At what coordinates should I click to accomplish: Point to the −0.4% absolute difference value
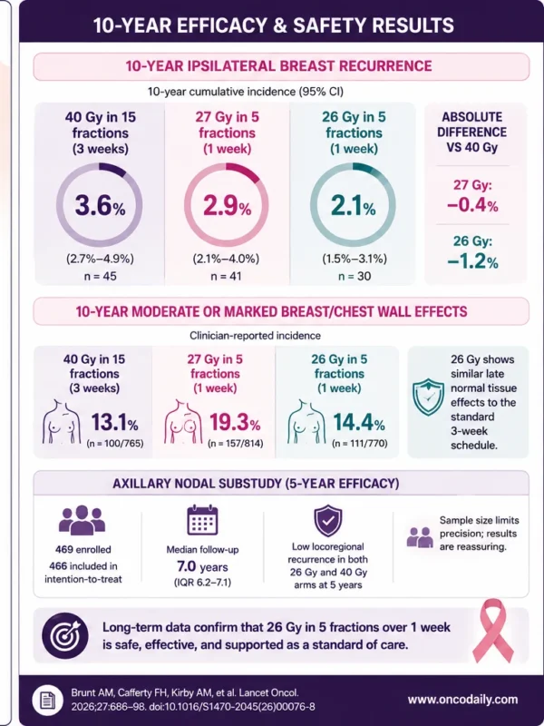(472, 205)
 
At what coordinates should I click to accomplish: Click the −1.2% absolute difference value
(472, 261)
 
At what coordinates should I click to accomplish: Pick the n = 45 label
(101, 277)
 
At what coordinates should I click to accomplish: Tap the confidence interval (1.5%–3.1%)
(355, 259)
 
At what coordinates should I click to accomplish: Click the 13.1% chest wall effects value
(114, 422)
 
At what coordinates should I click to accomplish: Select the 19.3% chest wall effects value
(235, 422)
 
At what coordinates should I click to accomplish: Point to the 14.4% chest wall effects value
(359, 422)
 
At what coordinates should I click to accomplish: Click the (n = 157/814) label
(236, 444)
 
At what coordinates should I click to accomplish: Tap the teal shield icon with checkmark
(428, 397)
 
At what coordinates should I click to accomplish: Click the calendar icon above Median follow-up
(202, 520)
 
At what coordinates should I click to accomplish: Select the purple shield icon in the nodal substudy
(328, 520)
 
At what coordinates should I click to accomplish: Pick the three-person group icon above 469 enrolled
(82, 520)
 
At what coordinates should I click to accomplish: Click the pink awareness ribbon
(493, 631)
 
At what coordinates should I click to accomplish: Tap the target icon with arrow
(65, 636)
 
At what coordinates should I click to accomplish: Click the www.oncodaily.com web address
(462, 699)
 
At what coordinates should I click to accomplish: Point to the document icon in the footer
(48, 700)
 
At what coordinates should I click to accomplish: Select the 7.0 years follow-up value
(202, 566)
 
